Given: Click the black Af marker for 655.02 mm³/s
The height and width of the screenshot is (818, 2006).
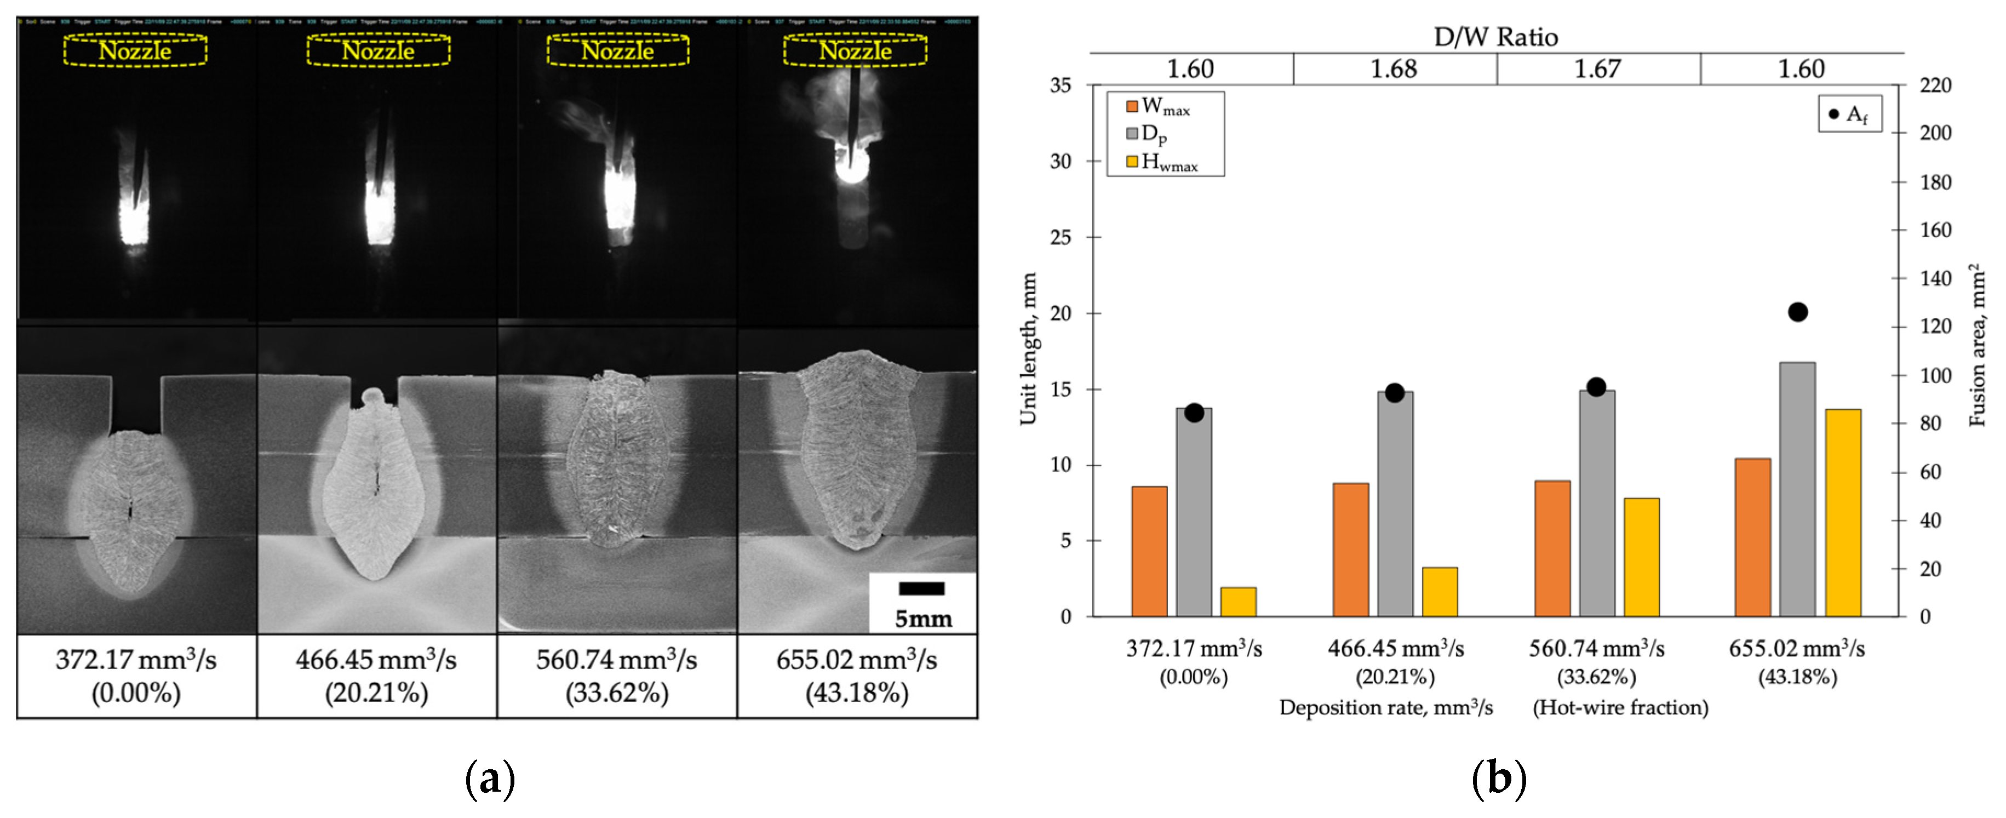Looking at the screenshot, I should (x=1797, y=312).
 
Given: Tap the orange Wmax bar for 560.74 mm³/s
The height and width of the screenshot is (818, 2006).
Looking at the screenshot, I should (x=1552, y=548).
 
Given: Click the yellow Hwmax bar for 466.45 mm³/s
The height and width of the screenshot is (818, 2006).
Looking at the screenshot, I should (x=1440, y=592).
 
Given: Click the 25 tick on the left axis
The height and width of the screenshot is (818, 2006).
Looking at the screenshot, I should (x=1061, y=237).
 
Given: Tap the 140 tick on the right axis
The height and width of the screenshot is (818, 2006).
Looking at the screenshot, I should (x=1935, y=278).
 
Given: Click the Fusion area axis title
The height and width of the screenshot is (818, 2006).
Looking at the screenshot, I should (x=1978, y=345).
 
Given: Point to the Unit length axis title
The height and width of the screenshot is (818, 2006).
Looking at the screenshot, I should (x=1028, y=348).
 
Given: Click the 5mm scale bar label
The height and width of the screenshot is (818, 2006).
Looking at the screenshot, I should (x=923, y=619).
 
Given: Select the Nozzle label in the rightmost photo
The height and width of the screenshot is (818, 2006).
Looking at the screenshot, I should (x=855, y=52).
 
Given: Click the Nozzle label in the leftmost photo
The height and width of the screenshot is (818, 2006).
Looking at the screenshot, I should (x=135, y=52).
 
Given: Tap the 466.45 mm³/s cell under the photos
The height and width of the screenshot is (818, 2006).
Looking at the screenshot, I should (x=376, y=676).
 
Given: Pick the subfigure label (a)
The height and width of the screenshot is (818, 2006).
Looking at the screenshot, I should (x=490, y=778).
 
